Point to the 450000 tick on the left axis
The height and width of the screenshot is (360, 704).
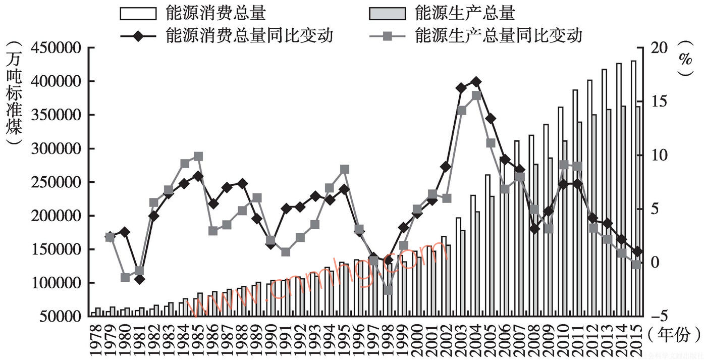(57, 48)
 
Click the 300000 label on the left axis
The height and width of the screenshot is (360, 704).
(57, 149)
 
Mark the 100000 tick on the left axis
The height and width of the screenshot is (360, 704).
(57, 283)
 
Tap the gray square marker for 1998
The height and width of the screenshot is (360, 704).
(388, 290)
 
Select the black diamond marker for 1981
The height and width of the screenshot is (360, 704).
(139, 279)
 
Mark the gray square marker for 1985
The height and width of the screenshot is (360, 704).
(198, 157)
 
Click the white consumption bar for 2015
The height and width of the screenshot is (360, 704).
(633, 187)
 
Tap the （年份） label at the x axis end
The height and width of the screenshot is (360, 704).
(674, 334)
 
